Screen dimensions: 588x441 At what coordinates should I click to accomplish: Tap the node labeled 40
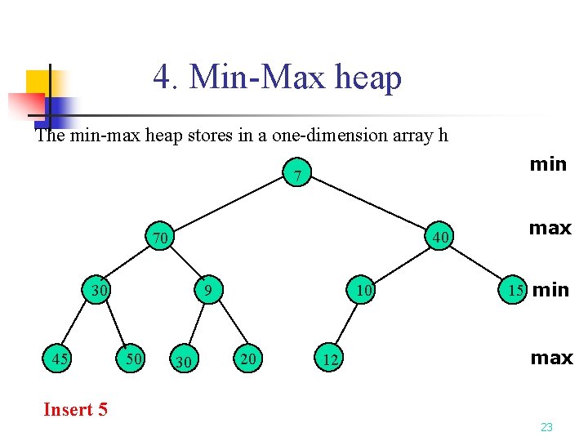coord(440,238)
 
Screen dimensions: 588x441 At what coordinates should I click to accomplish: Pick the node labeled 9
coord(208,290)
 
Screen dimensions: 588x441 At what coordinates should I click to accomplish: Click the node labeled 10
coord(362,290)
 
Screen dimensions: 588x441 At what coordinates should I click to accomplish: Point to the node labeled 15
coord(514,290)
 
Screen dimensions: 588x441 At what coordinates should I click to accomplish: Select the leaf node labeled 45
coord(58,359)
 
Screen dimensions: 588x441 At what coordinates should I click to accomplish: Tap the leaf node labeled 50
coord(131,359)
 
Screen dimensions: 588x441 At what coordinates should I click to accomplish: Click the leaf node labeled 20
coord(247,358)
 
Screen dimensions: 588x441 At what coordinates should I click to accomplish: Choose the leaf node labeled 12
coord(327,359)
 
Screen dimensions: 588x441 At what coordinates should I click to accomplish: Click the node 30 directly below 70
coord(100,290)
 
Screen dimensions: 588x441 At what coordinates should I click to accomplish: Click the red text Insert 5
coord(75,409)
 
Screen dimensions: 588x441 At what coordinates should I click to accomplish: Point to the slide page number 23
coord(546,427)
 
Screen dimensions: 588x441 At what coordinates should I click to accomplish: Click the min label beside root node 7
coord(547,164)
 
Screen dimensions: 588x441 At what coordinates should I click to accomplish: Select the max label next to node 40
coord(550,228)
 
